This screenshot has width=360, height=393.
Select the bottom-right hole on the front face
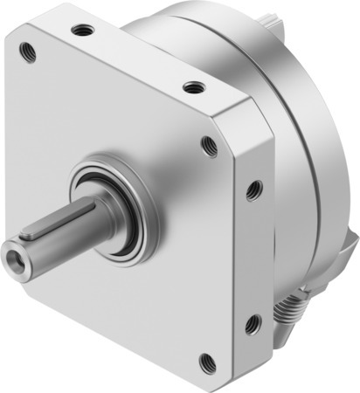point(206,361)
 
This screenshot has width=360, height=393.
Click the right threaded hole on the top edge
point(192,87)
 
